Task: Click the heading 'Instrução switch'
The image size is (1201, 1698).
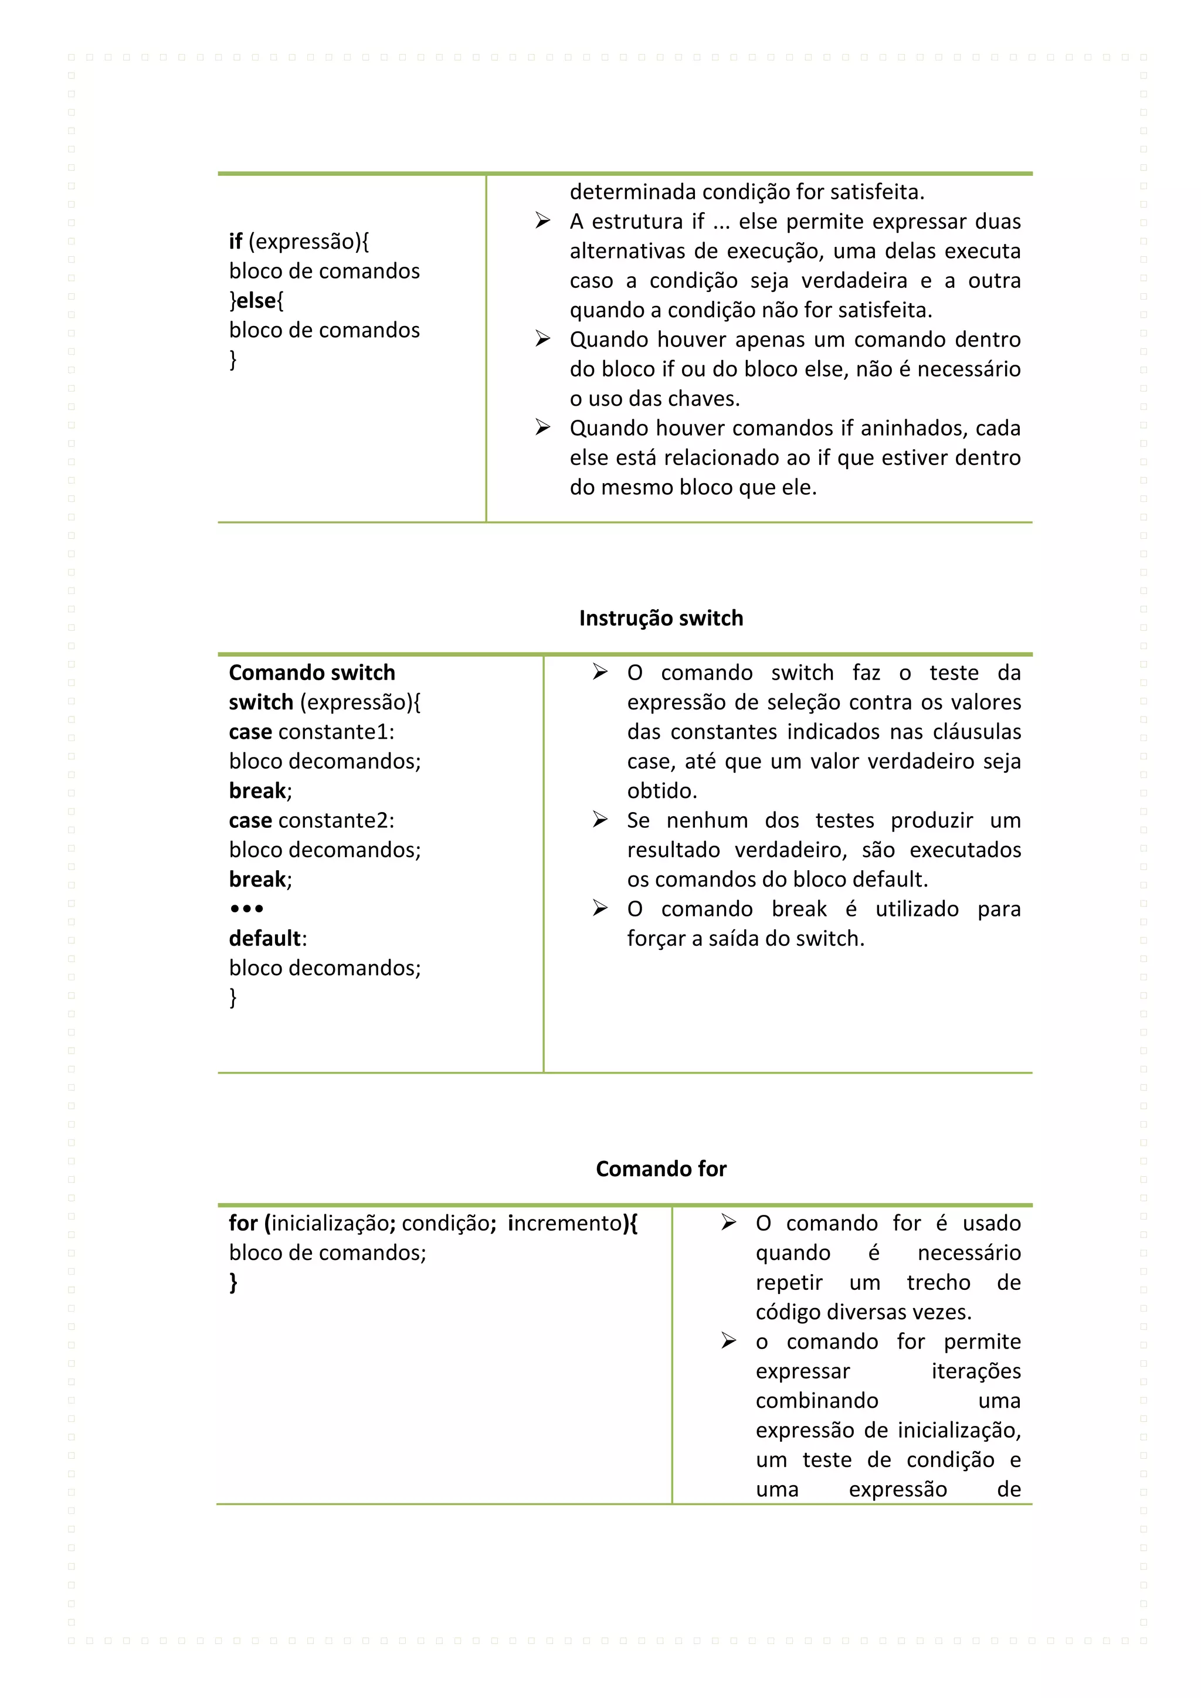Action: [660, 618]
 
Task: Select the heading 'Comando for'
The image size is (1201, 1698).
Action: [660, 1169]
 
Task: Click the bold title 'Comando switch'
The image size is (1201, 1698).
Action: [311, 673]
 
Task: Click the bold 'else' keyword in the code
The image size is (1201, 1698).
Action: [257, 300]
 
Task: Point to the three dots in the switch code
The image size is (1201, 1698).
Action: [246, 909]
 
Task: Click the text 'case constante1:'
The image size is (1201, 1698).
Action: [311, 731]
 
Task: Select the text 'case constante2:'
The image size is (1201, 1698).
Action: [311, 820]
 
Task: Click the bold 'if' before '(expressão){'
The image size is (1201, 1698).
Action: [235, 241]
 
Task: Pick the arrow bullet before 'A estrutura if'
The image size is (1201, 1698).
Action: [543, 221]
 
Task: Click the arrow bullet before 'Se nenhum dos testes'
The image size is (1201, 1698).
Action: [600, 820]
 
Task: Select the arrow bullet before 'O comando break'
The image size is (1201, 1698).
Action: [600, 908]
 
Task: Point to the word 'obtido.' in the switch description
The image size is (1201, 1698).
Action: [662, 790]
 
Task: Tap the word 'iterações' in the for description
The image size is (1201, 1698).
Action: [975, 1371]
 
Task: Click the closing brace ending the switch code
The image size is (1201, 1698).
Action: [233, 998]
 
